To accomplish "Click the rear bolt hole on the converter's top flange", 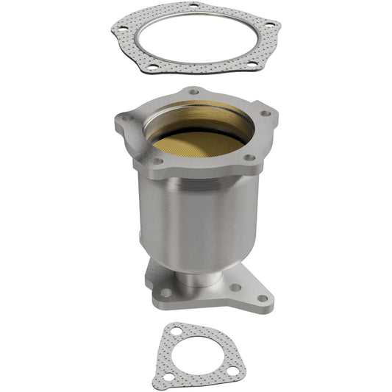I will [x=193, y=92].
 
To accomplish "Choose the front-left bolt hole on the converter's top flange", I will [x=156, y=160].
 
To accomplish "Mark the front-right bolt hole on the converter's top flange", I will [x=249, y=157].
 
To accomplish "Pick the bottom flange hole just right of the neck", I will [x=235, y=287].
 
